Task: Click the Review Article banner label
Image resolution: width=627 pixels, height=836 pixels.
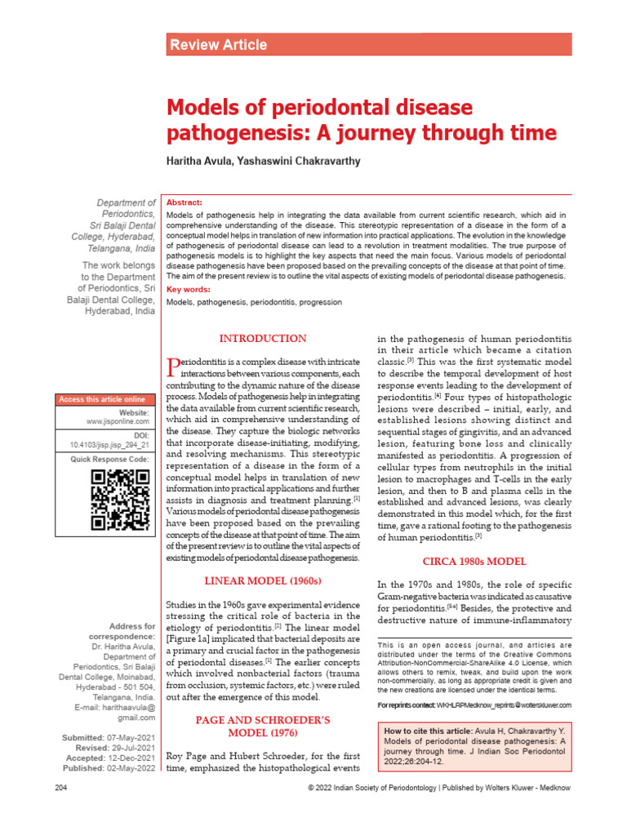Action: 218,45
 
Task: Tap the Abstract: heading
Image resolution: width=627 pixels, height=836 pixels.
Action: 184,202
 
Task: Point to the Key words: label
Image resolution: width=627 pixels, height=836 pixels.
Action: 189,289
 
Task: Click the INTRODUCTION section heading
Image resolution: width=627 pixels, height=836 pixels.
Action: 262,339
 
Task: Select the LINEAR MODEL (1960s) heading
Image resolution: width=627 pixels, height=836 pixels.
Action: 262,580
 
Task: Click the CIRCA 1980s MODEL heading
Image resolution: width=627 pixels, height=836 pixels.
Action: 474,562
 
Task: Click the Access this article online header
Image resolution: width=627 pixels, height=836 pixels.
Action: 101,399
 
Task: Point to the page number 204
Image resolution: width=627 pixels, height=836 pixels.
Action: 61,812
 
